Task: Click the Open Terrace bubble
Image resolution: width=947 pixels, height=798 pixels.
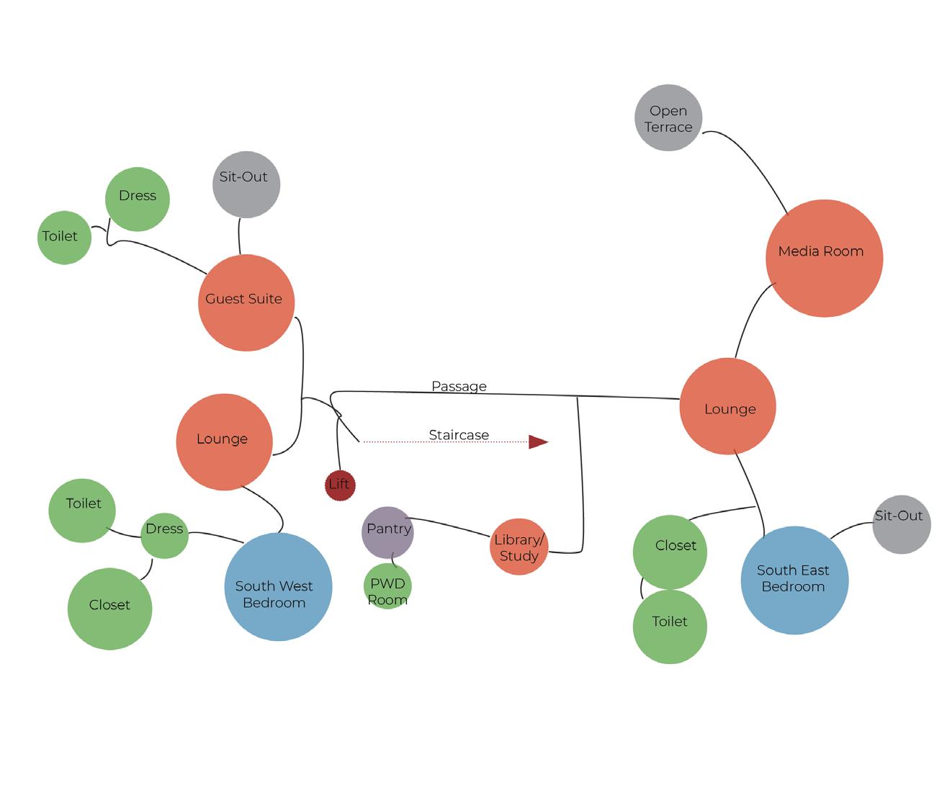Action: coord(668,118)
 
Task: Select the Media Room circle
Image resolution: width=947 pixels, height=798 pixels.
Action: coord(824,258)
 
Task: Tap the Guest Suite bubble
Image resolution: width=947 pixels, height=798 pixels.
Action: coord(246,302)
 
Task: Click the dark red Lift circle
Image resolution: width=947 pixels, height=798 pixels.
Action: coord(340,485)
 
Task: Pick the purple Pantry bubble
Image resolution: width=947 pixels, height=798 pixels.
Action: coord(387,532)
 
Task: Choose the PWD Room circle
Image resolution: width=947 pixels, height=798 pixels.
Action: coord(387,587)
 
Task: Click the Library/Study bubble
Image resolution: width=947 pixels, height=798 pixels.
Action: coord(519,547)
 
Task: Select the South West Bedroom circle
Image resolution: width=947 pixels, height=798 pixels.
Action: coord(278,587)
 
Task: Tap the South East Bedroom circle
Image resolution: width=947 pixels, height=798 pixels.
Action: coord(794,580)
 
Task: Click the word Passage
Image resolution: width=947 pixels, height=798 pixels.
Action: coord(459,386)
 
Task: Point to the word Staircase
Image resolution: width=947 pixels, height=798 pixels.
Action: coord(459,435)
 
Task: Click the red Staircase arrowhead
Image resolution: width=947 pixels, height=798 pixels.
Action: coord(537,441)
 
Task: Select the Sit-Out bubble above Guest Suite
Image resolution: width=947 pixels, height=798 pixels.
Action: coord(246,184)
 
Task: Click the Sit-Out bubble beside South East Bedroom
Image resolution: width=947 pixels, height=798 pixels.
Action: coord(901,524)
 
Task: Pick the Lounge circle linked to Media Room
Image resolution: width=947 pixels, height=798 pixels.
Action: coord(727,406)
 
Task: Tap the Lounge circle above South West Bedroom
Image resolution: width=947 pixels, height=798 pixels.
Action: coord(224,441)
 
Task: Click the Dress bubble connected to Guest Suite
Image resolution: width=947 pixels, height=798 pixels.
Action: coord(137,199)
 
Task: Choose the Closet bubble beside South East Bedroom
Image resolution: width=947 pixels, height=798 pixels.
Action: coord(670,552)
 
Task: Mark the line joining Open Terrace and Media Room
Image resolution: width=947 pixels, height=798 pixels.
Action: coord(756,162)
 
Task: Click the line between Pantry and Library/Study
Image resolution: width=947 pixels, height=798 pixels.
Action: coord(450,524)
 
